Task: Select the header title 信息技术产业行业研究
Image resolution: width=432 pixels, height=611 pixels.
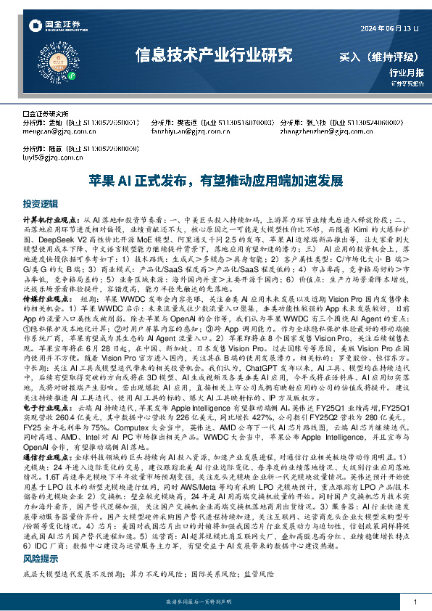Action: (x=214, y=54)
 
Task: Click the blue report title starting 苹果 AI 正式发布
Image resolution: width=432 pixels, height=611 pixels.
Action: (x=215, y=180)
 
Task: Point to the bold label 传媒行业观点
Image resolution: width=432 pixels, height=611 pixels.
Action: (x=47, y=298)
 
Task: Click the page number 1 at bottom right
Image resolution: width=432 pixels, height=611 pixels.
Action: (x=414, y=602)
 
